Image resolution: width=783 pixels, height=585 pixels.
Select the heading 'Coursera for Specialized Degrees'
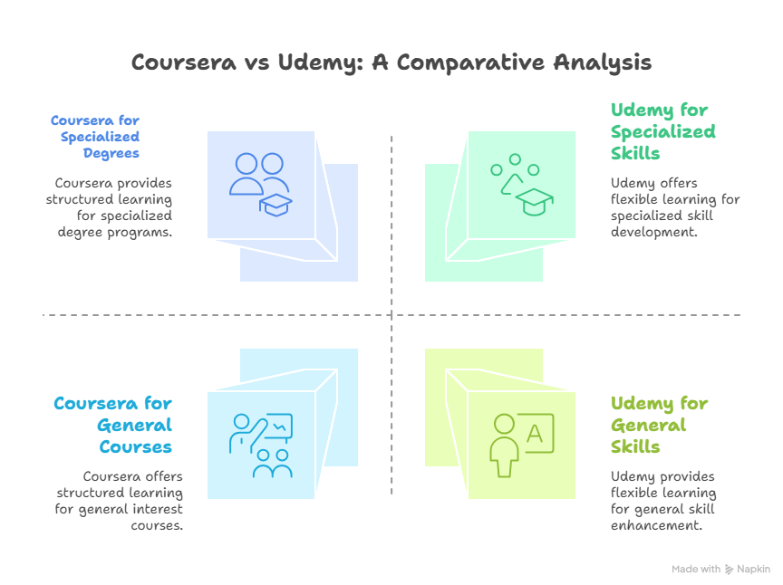[95, 136]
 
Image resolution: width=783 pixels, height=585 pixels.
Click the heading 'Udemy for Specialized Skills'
[662, 131]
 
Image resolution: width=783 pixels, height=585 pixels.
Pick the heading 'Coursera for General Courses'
[112, 426]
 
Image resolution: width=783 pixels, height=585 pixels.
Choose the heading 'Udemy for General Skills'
[660, 426]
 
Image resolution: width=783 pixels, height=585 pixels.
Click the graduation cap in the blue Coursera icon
[275, 205]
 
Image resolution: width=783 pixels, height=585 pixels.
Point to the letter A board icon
[534, 434]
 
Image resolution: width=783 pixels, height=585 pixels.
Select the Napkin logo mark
[730, 570]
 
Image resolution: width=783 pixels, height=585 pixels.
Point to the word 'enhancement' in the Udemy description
[654, 525]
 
